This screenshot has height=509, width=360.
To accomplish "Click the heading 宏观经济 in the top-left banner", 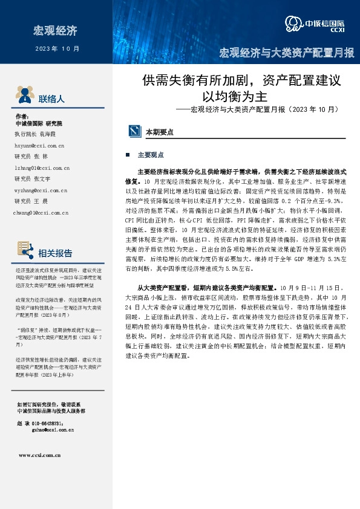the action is [x=55, y=30].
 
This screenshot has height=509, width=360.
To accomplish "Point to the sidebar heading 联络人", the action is [x=51, y=99].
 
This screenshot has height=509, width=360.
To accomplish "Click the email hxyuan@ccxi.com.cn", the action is [x=40, y=146].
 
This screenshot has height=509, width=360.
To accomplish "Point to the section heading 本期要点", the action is [x=159, y=131].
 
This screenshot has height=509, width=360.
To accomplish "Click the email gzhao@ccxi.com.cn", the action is [x=51, y=430].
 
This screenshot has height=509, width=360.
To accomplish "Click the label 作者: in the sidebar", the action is [x=21, y=116].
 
